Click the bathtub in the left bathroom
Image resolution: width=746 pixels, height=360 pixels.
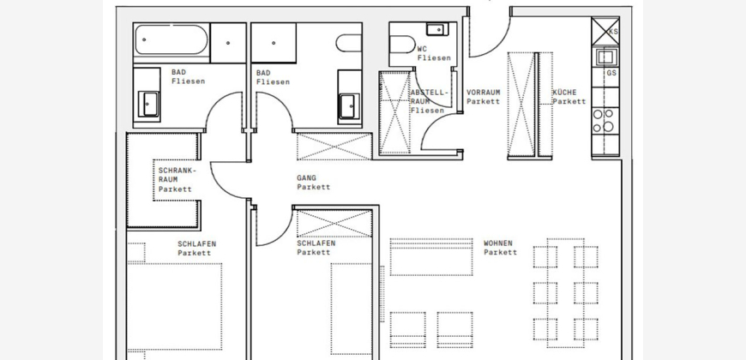point(171,39)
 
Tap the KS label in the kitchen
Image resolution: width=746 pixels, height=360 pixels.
point(613,32)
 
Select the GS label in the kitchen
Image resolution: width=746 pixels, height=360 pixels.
point(611,73)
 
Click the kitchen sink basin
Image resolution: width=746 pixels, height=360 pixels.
point(605,57)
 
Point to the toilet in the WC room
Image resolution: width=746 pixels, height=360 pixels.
point(402,45)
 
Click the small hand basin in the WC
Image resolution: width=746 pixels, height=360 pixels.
point(436,29)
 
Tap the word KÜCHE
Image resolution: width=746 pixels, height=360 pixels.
point(564,93)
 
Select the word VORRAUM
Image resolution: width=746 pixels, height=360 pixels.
point(484,93)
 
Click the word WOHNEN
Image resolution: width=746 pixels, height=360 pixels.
point(498,243)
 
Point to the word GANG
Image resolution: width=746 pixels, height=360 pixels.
point(306,178)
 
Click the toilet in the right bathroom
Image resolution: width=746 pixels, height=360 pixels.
point(349,43)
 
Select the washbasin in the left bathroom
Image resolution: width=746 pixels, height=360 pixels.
point(150,105)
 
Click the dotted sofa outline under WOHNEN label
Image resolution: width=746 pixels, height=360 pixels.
point(431,257)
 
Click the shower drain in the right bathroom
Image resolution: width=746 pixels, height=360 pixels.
point(274,43)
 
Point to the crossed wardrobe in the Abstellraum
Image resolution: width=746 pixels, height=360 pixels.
point(394,112)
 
